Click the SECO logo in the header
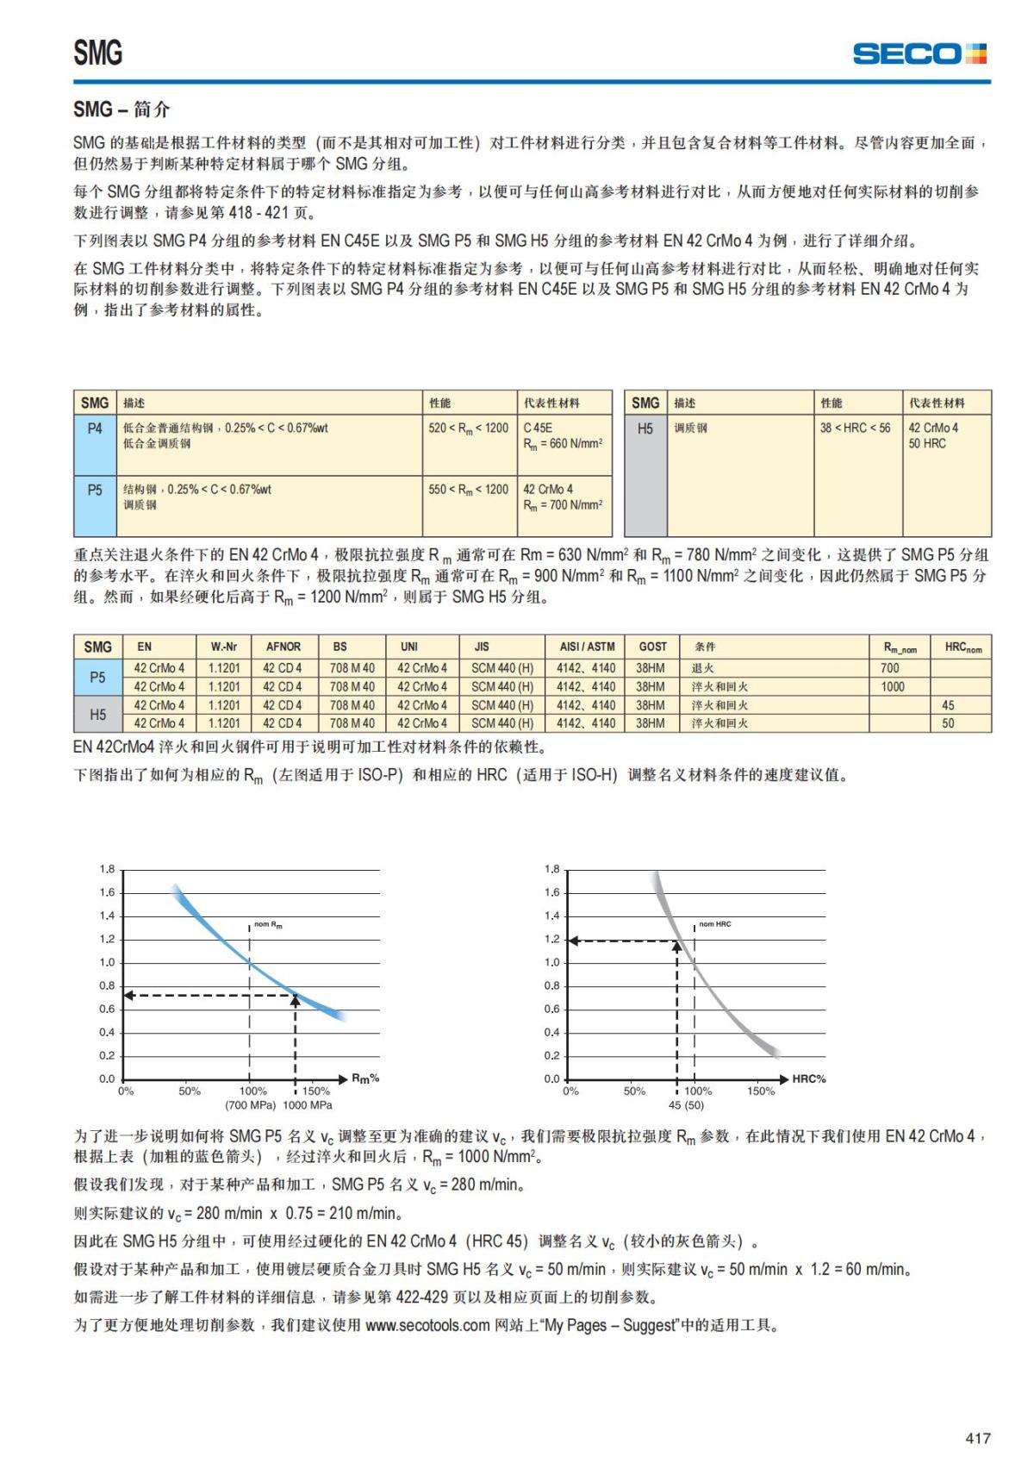click(919, 53)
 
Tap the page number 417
click(977, 1438)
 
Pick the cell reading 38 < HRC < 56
click(855, 428)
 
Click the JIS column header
click(482, 647)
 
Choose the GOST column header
click(652, 647)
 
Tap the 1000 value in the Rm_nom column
click(893, 687)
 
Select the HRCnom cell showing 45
click(948, 705)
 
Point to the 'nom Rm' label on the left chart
click(268, 925)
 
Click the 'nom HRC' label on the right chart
click(714, 924)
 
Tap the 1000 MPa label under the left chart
click(308, 1105)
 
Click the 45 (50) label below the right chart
click(686, 1105)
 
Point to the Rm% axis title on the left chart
click(365, 1078)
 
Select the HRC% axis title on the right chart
click(808, 1078)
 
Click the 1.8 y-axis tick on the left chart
click(107, 869)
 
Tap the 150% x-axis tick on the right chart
click(761, 1091)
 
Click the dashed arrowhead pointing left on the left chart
click(129, 996)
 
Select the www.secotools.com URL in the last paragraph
click(427, 1325)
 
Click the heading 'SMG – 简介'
click(121, 109)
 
